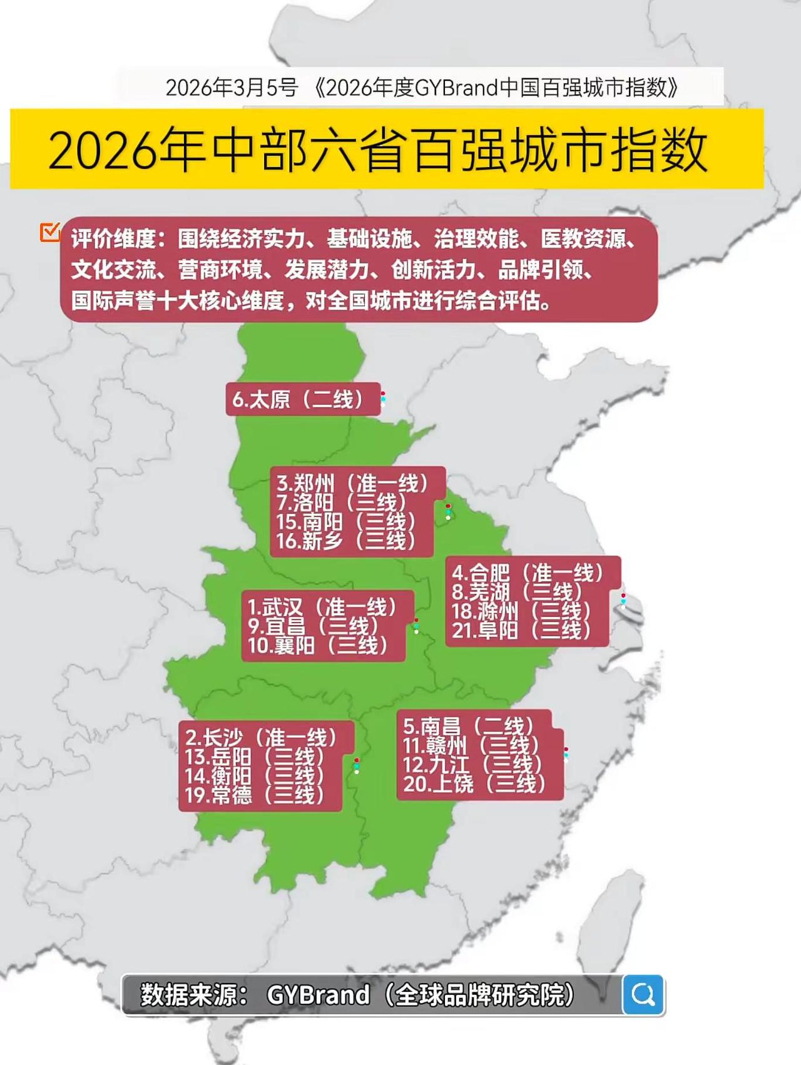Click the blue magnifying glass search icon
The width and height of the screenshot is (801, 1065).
643,994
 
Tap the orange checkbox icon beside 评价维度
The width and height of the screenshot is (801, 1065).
49,232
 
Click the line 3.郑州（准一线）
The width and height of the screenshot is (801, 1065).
353,483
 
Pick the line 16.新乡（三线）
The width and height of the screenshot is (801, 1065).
346,541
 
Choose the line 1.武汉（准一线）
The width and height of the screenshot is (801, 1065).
322,606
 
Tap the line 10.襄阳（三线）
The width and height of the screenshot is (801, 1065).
318,645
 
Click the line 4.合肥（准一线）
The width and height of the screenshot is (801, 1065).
528,573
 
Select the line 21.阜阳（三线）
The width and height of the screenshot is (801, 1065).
521,630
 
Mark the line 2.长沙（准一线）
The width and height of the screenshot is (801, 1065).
261,737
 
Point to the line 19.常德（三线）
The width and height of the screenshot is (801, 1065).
255,795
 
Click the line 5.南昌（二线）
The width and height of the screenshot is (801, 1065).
469,726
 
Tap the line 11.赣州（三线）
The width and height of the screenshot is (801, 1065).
471,745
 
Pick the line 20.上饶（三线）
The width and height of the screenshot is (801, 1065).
474,783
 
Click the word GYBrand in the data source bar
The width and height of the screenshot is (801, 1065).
318,994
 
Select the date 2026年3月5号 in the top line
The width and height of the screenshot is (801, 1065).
232,88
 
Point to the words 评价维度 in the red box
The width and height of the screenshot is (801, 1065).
113,238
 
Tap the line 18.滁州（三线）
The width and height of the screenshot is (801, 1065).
521,611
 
